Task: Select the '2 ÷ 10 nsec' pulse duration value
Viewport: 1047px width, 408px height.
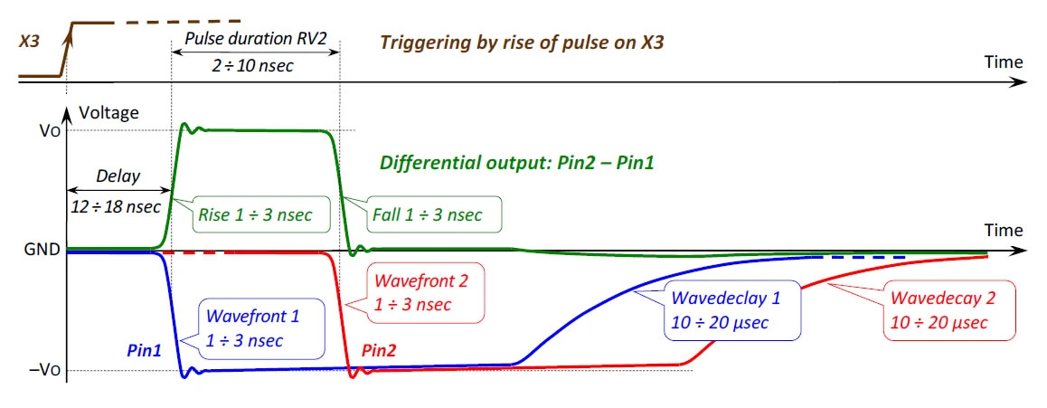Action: click(257, 65)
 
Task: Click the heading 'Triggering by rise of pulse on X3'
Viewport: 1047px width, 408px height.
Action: click(522, 42)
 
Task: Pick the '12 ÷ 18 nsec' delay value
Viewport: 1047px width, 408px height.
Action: click(116, 206)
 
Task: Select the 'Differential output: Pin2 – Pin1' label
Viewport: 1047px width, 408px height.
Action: click(516, 163)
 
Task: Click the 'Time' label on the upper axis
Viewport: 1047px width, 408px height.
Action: click(1004, 62)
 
